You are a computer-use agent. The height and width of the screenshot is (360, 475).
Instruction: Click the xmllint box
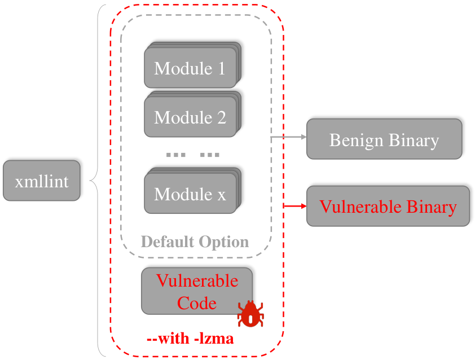(x=42, y=181)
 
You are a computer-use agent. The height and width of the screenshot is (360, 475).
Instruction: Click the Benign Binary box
(x=384, y=139)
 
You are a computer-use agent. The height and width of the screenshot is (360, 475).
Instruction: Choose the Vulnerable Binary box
(x=388, y=206)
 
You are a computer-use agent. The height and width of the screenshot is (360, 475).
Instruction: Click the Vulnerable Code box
(x=197, y=291)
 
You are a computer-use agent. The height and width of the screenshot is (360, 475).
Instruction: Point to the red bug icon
(x=250, y=314)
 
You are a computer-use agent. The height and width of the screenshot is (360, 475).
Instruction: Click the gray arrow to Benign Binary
(x=288, y=137)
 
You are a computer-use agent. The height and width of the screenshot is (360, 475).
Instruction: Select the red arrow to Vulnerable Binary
(x=295, y=206)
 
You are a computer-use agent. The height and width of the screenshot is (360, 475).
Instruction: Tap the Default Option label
(x=195, y=242)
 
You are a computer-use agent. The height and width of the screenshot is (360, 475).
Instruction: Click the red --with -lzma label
(x=190, y=338)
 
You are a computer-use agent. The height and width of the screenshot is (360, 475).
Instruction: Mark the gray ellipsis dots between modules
(x=193, y=155)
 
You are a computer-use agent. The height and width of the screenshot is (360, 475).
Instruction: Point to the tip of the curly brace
(x=90, y=181)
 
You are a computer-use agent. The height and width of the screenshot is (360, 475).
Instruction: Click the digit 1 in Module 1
(x=222, y=68)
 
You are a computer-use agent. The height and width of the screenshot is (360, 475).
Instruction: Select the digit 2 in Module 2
(x=222, y=117)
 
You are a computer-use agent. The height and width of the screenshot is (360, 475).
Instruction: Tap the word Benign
(x=357, y=141)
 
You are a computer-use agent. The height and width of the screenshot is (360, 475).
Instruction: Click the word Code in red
(x=197, y=303)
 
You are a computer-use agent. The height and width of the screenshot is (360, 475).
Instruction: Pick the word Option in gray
(x=223, y=243)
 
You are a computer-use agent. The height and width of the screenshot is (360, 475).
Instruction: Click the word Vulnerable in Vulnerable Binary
(x=360, y=207)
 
